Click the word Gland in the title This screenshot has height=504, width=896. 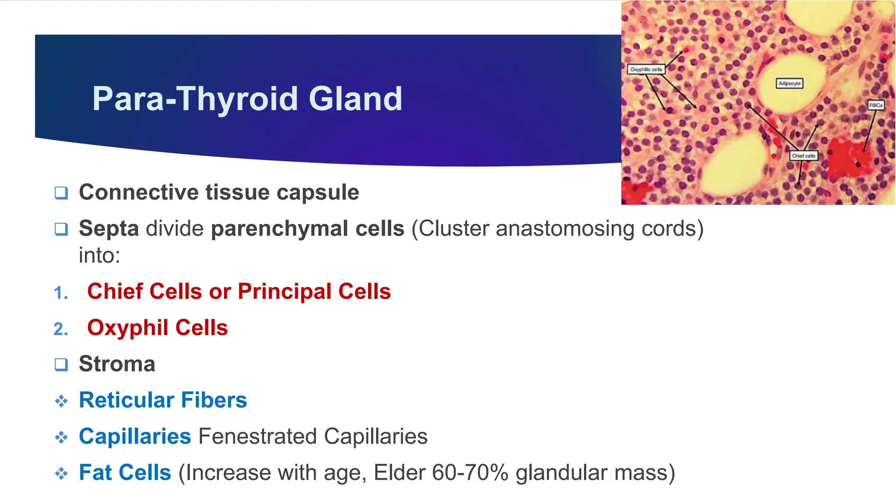coord(355,99)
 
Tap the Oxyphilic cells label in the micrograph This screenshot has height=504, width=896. coord(646,70)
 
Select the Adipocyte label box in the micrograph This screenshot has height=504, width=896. coord(789,84)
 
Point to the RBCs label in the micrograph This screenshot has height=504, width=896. coord(875,105)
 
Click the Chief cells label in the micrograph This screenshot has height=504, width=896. coord(803,156)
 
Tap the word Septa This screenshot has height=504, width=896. coord(109,229)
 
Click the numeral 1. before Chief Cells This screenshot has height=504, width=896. coord(61,293)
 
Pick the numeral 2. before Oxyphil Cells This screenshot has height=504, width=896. coord(61,329)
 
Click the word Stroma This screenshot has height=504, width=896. coord(117,364)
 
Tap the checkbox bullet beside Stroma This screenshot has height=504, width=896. coord(61,364)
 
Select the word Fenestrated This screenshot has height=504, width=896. coord(257,437)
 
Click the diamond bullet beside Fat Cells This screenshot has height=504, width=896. coord(61,473)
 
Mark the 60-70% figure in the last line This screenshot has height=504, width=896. coord(470,473)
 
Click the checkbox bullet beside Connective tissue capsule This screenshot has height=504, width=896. coord(61,193)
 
